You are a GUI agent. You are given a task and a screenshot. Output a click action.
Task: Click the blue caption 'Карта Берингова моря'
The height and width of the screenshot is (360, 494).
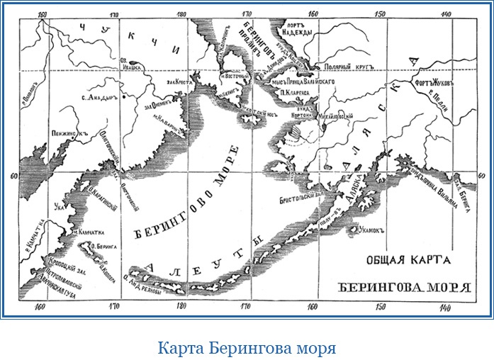click(x=246, y=349)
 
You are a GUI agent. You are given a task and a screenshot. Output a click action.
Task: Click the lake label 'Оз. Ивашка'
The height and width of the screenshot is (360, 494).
click(x=133, y=64)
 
